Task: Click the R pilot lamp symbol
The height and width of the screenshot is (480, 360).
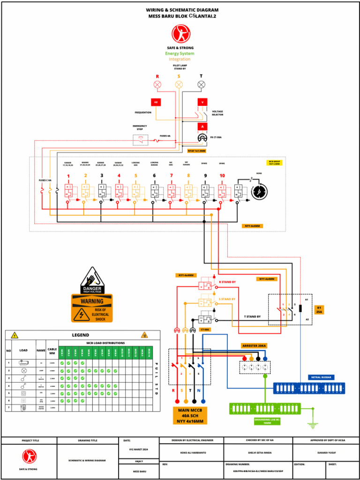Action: coord(157,85)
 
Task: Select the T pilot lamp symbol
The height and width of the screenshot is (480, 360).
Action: coord(201,85)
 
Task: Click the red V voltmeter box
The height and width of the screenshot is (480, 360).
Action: coord(202,102)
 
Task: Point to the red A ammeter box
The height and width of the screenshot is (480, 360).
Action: coord(202,126)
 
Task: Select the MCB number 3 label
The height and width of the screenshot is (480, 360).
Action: coord(102,176)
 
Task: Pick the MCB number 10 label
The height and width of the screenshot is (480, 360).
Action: coord(221,176)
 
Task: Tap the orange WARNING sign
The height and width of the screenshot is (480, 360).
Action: coord(92,308)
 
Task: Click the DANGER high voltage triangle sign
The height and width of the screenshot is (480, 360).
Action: coord(92,281)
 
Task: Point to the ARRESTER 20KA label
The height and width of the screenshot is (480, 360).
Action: coord(254,345)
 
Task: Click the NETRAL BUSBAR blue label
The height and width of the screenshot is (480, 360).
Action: coord(321,377)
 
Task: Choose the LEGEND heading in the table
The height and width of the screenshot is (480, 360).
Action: coord(80,335)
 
